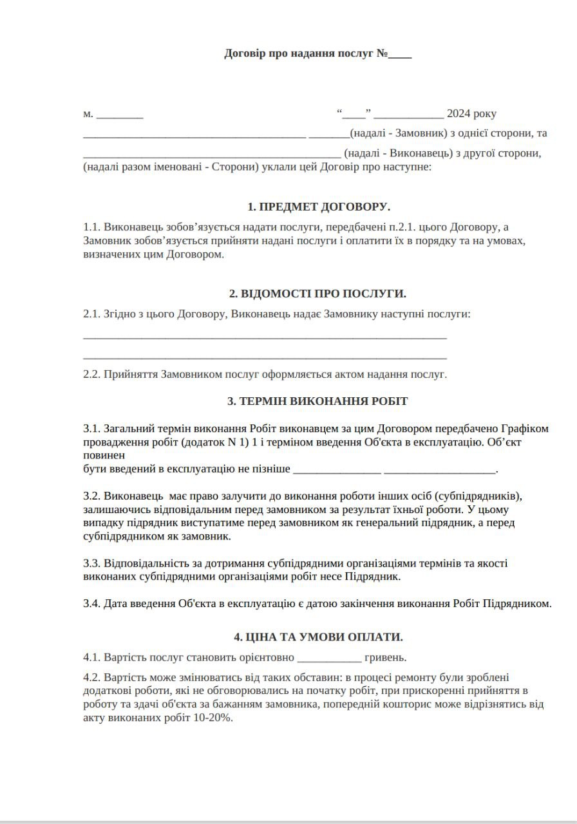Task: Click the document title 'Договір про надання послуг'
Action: click(299, 53)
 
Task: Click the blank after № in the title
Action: click(400, 55)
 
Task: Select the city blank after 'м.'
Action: click(120, 116)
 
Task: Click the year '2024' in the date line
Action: click(459, 114)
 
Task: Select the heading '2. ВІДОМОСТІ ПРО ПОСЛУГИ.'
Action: click(318, 294)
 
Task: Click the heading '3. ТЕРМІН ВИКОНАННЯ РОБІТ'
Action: click(317, 401)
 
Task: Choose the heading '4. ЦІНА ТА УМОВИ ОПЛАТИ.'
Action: click(318, 637)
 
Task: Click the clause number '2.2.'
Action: click(92, 374)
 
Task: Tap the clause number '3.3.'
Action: click(92, 563)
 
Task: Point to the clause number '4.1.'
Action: click(92, 657)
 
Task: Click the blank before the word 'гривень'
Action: click(330, 659)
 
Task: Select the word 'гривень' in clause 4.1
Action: click(385, 657)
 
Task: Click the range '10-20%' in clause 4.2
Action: click(213, 718)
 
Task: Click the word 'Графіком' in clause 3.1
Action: click(527, 428)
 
